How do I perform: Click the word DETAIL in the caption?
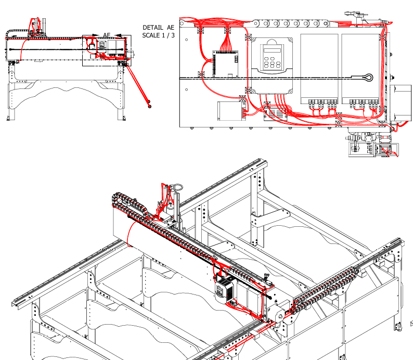pyautogui.click(x=153, y=28)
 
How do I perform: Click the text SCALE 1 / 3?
pyautogui.click(x=158, y=35)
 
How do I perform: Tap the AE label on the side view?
pyautogui.click(x=107, y=35)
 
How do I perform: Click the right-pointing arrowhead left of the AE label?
pyautogui.click(x=95, y=35)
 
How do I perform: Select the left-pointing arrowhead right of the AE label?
pyautogui.click(x=118, y=35)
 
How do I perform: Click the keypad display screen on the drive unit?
pyautogui.click(x=273, y=50)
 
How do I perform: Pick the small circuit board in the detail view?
pyautogui.click(x=225, y=65)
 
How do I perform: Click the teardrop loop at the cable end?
pyautogui.click(x=367, y=78)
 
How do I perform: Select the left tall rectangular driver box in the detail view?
pyautogui.click(x=319, y=69)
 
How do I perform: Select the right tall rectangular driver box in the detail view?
pyautogui.click(x=360, y=69)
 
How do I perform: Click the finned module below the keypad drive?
pyautogui.click(x=275, y=114)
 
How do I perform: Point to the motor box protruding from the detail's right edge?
pyautogui.click(x=401, y=103)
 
